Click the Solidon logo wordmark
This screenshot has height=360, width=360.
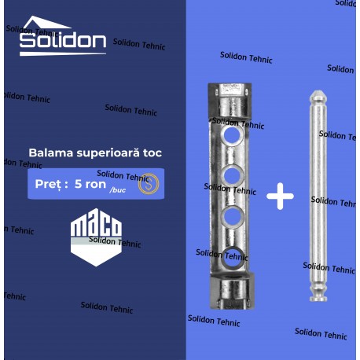pos(63,41)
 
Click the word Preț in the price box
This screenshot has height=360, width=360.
pos(51,184)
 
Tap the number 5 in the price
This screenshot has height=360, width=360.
pos(78,184)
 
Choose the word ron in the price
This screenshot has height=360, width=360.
pos(95,185)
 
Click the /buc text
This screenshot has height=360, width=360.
pos(118,190)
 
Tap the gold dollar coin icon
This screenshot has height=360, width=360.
pos(149,184)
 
